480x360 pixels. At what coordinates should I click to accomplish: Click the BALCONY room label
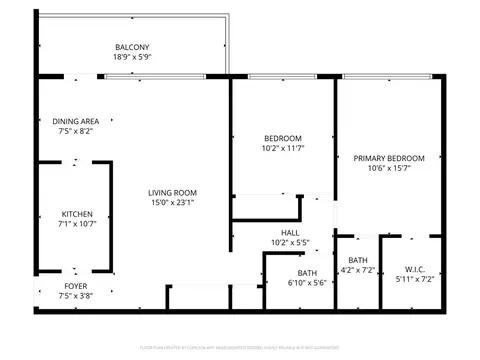[x=132, y=48]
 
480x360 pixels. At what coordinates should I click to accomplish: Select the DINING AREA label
[x=75, y=122]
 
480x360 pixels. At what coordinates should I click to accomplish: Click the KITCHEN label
[x=78, y=214]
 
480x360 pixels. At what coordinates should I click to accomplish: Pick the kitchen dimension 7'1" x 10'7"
[x=78, y=225]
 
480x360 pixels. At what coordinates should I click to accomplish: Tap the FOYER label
[x=75, y=286]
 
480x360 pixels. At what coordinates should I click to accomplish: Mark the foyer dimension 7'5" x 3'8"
[x=75, y=297]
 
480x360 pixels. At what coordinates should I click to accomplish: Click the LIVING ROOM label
[x=172, y=193]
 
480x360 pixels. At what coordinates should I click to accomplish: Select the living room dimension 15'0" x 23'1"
[x=172, y=204]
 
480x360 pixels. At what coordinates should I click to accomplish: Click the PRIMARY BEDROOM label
[x=390, y=158]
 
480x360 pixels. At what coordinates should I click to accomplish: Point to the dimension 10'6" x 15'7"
[x=390, y=169]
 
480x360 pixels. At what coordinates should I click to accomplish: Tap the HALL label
[x=290, y=232]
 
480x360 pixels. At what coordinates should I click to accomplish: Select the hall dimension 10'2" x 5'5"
[x=290, y=243]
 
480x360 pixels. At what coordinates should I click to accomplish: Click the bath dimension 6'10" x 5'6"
[x=307, y=284]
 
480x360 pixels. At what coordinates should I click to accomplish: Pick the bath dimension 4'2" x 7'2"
[x=356, y=270]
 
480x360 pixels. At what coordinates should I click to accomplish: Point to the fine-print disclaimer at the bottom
[x=240, y=347]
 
